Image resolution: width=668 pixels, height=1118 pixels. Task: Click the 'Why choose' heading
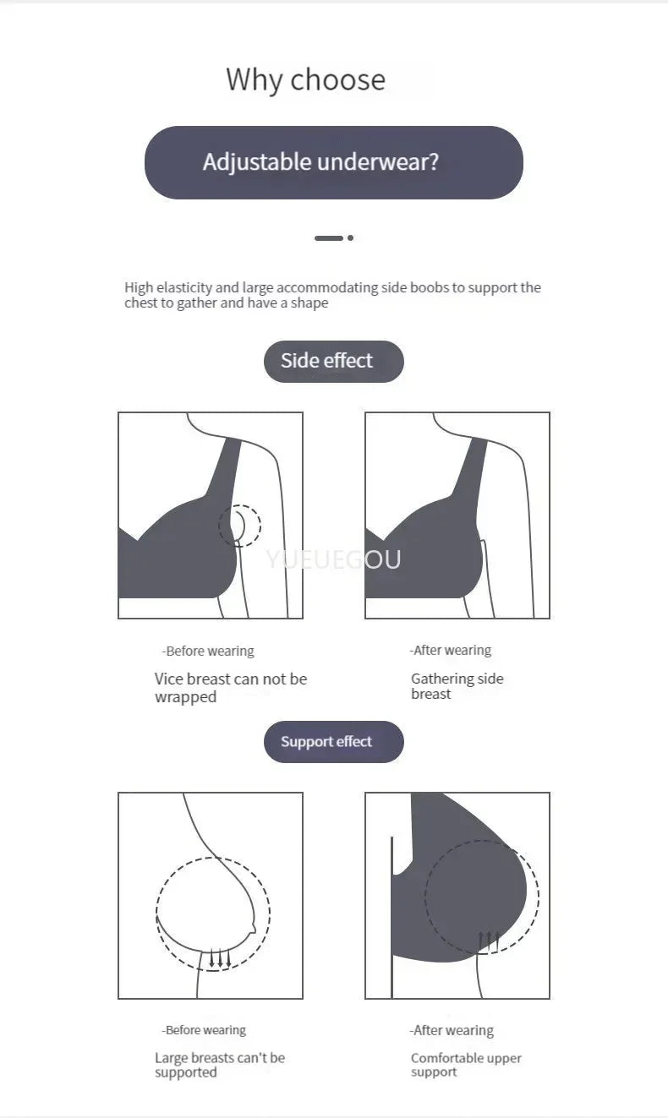click(x=305, y=79)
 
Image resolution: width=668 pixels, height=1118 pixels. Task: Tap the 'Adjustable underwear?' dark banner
click(x=333, y=162)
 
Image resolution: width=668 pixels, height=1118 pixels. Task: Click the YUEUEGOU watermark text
click(x=333, y=559)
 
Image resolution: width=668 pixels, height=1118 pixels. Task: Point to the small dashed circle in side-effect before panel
click(x=240, y=526)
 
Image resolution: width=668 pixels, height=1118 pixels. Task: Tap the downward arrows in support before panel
click(x=220, y=958)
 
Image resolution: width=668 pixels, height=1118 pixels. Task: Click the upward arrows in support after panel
click(x=489, y=941)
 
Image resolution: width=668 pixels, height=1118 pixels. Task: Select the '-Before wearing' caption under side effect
click(x=208, y=651)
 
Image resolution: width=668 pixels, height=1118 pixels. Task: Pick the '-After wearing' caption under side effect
click(x=451, y=650)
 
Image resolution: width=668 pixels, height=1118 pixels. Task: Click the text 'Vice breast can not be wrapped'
click(x=230, y=688)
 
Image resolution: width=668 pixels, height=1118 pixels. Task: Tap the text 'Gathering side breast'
click(x=457, y=686)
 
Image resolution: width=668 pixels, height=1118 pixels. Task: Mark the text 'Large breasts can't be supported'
click(x=219, y=1065)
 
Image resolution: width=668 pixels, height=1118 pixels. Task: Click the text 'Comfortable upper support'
click(x=466, y=1065)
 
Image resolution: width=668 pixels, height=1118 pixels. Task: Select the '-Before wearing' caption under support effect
click(x=204, y=1030)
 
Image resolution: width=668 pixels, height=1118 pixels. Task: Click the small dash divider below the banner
click(x=329, y=238)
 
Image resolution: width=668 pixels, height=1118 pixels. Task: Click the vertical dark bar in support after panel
click(x=391, y=917)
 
